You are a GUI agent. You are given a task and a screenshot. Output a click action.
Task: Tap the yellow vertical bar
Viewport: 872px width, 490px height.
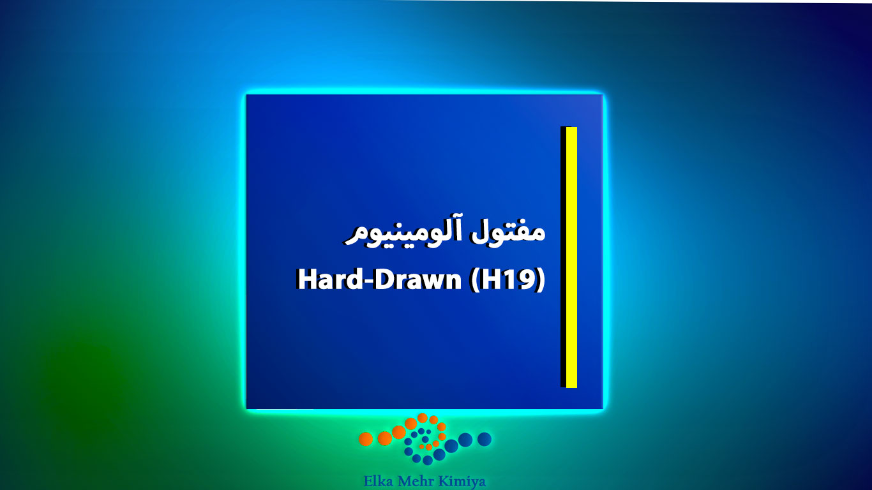point(571,257)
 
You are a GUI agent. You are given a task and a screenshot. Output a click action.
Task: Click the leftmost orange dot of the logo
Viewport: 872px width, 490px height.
point(366,439)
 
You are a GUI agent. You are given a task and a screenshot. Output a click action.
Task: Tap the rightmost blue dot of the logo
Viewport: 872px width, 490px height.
point(485,439)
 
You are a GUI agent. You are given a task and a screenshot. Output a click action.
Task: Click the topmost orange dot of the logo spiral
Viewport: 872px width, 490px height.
point(423,418)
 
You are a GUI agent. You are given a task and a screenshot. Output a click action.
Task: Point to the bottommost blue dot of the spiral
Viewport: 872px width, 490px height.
point(428,461)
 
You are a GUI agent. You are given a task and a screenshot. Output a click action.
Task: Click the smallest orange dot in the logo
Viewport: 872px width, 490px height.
point(422,447)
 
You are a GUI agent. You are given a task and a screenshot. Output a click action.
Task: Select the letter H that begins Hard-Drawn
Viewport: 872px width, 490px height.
point(306,279)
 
